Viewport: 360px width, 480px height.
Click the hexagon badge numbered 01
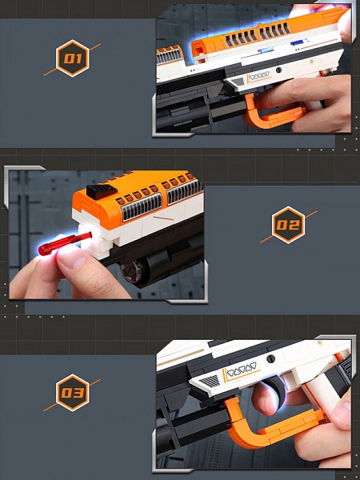coord(72,58)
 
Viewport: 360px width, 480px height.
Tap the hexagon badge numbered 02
coord(288,225)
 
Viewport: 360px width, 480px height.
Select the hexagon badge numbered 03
coord(72,393)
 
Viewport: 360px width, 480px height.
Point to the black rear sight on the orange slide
coord(102,191)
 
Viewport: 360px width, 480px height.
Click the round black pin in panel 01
coord(278,70)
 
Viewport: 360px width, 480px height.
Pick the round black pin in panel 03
coord(270,359)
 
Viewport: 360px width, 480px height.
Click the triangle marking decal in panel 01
coord(259,76)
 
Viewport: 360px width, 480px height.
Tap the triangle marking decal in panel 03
coord(242,371)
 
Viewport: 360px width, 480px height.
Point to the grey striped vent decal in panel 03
coord(210,382)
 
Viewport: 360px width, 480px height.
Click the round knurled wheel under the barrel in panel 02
coord(131,271)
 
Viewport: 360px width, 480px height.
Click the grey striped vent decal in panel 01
coord(238,82)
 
